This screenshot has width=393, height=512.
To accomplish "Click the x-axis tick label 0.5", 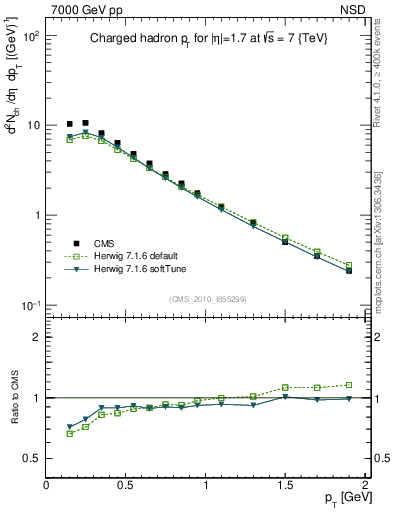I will [126, 486].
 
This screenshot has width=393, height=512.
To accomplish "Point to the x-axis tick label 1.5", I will [285, 486].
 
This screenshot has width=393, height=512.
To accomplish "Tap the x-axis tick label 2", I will [365, 486].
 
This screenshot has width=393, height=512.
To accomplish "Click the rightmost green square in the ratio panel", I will [349, 384].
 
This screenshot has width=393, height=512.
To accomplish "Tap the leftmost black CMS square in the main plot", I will [70, 124].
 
